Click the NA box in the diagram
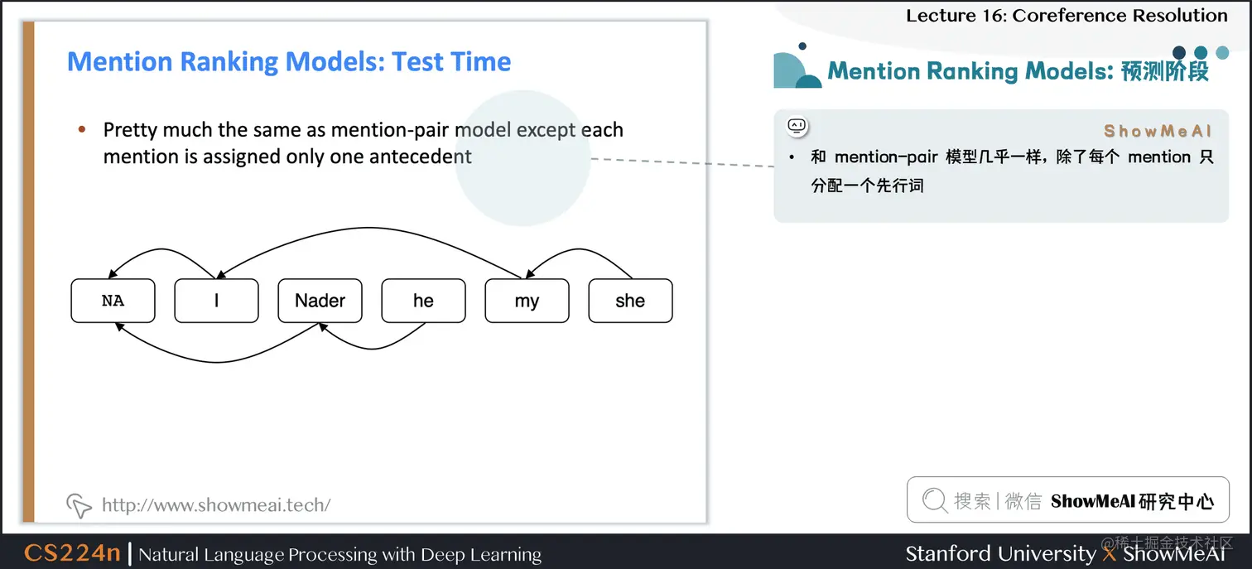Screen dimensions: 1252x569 click(x=113, y=301)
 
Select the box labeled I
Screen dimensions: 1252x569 click(x=216, y=301)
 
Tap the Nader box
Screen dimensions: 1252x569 click(x=320, y=301)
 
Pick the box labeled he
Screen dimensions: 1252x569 click(x=423, y=301)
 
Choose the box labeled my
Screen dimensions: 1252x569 click(x=527, y=301)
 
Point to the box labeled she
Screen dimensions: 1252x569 click(x=630, y=301)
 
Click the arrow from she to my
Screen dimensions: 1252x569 click(x=579, y=249)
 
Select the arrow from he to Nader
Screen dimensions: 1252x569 click(x=373, y=349)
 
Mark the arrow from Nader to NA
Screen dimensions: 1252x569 click(x=217, y=362)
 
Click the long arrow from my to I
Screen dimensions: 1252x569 click(x=369, y=228)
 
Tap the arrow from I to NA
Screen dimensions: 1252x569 click(x=162, y=249)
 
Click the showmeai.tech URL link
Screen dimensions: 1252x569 click(x=216, y=504)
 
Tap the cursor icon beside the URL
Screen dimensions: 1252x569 click(x=79, y=505)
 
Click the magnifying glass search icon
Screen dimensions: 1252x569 click(x=935, y=500)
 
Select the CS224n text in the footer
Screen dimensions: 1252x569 click(x=72, y=552)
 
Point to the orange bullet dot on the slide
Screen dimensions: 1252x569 click(x=82, y=130)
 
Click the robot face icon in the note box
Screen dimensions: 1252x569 click(x=797, y=127)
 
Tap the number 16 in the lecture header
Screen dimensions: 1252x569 click(x=993, y=16)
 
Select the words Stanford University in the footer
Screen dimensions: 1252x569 click(x=1000, y=554)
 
